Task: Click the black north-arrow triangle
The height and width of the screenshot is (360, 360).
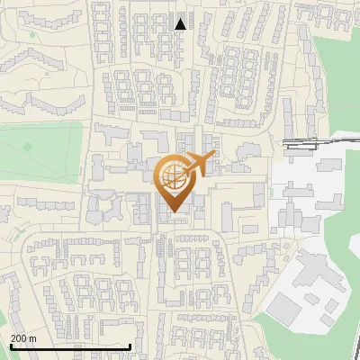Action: [181, 24]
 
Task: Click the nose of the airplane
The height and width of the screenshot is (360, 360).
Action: [214, 156]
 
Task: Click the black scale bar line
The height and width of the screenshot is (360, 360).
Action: [69, 346]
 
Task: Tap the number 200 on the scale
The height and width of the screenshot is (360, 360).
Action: [19, 338]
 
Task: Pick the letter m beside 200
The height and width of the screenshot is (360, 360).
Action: [32, 338]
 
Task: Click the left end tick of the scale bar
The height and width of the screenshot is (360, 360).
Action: [9, 345]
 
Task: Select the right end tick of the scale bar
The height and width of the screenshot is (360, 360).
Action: [130, 345]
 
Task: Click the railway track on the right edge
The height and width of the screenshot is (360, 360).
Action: [306, 142]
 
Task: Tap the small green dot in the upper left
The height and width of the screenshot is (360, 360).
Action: [32, 36]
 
